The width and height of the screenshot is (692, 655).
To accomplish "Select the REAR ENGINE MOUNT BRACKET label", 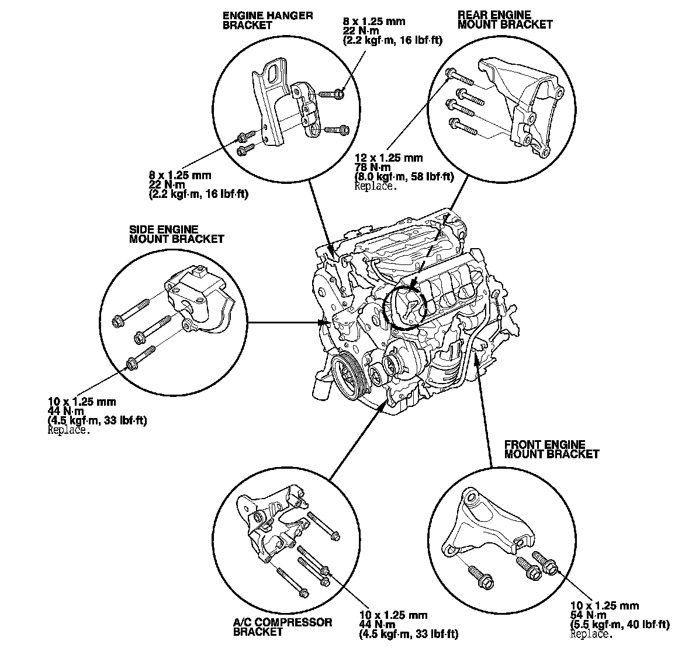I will click(505, 19).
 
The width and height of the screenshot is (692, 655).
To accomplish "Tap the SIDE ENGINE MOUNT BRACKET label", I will click(176, 234).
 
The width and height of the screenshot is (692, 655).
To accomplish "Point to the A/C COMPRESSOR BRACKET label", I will click(282, 626).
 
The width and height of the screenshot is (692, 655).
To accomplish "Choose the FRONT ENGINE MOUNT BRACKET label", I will click(551, 449).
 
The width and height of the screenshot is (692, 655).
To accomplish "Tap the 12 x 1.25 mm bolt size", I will click(388, 158).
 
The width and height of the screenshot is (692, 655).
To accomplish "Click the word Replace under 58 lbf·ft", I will click(376, 187).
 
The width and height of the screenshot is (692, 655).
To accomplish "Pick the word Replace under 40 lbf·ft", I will click(591, 634).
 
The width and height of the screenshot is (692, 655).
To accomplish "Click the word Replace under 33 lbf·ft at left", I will click(68, 430).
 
